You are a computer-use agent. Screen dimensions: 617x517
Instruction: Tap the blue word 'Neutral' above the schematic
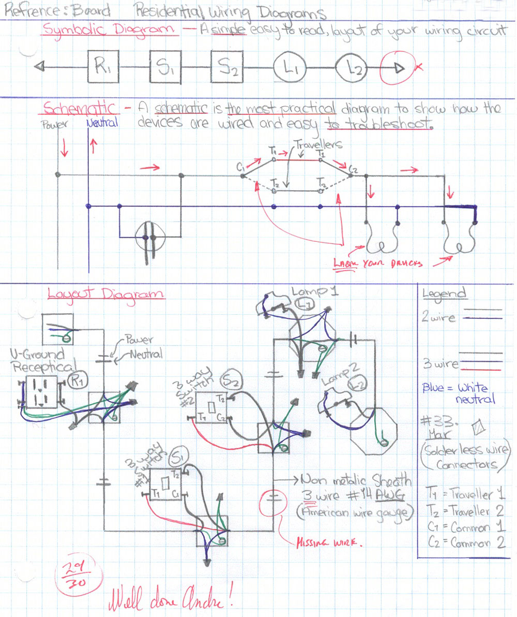102,123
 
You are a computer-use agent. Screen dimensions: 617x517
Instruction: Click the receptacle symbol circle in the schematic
150,240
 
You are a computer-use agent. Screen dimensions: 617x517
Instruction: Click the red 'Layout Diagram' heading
105,293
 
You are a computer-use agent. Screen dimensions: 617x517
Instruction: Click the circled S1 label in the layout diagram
180,457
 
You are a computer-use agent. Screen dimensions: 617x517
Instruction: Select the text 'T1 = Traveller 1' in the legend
465,493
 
